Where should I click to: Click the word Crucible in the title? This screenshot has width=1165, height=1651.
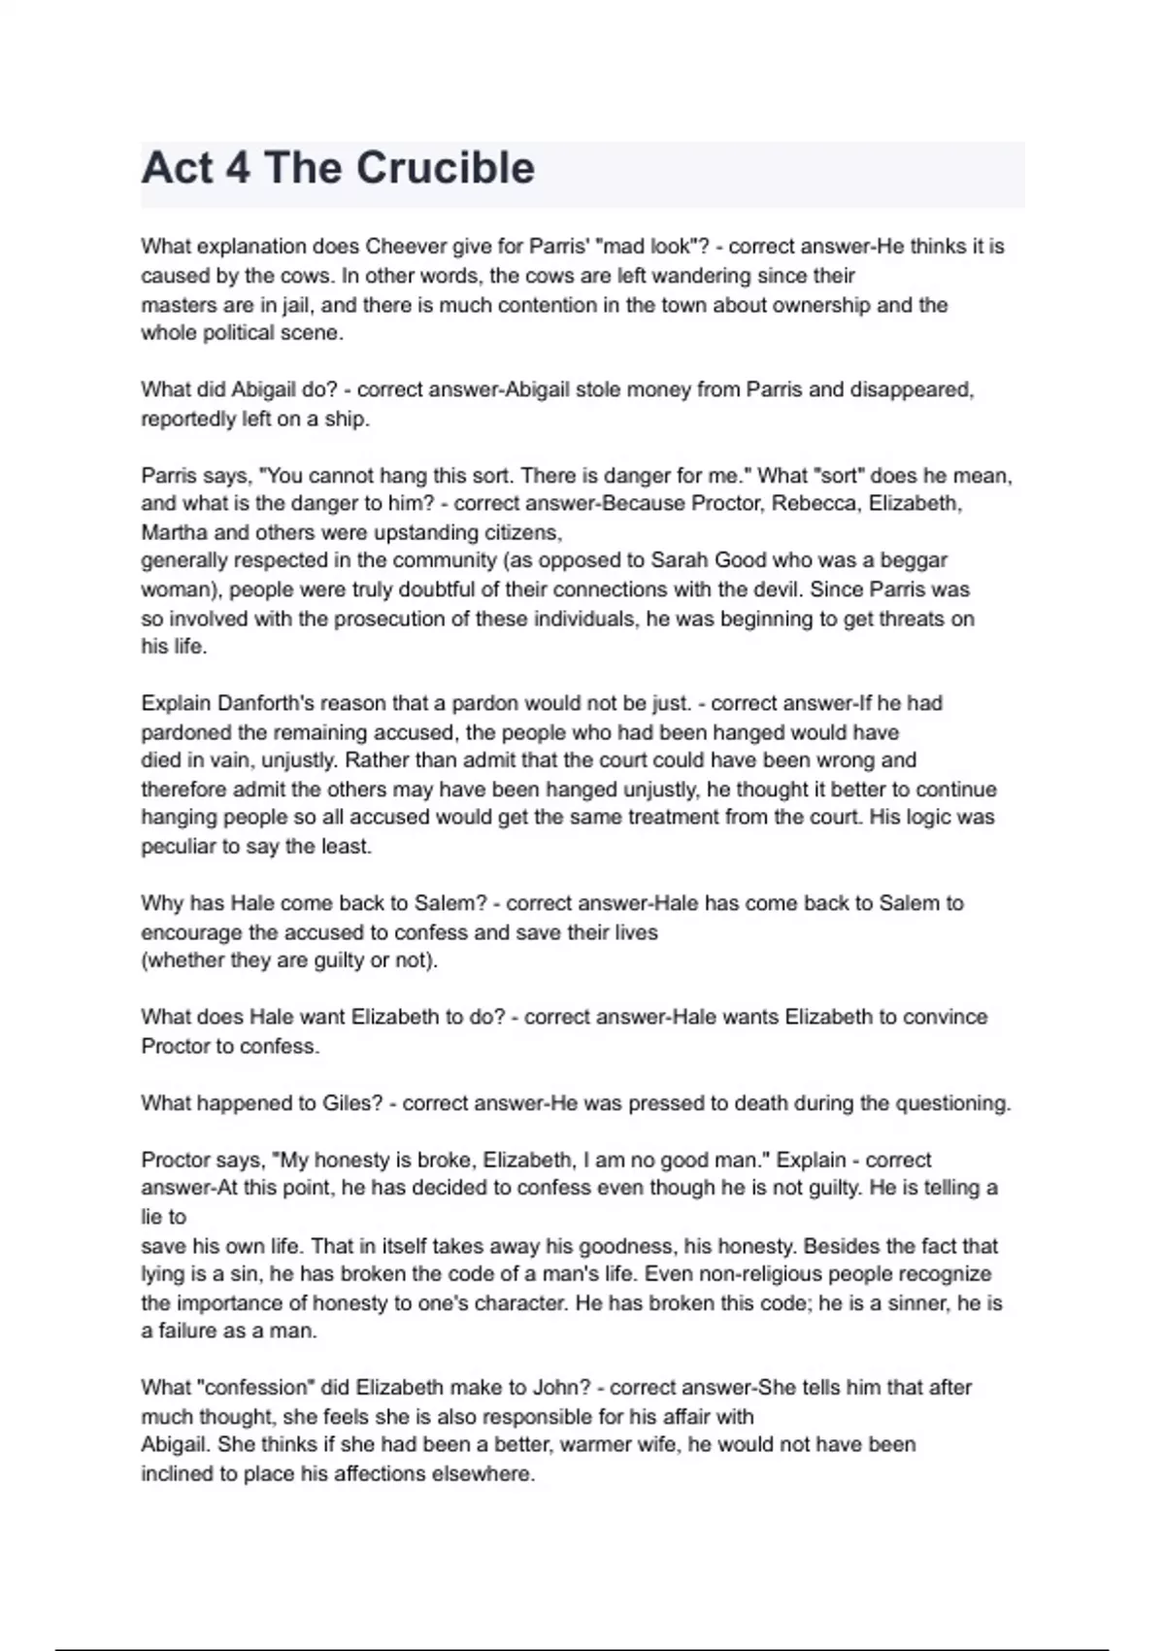446,168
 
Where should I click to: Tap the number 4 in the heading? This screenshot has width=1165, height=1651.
236,168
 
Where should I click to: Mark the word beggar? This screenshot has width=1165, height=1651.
912,560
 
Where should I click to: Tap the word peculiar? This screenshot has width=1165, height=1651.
178,847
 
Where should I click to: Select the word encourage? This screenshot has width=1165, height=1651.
191,933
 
